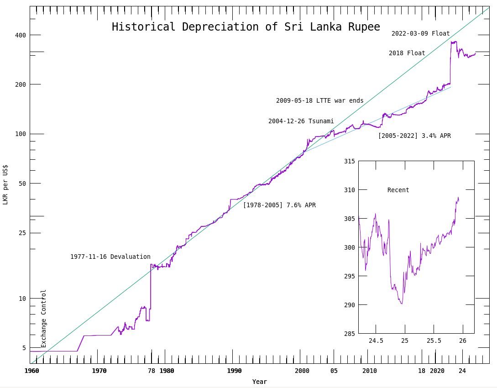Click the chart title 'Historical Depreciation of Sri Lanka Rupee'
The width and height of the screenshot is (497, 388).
[246, 27]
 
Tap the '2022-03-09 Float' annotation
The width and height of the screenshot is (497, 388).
[420, 34]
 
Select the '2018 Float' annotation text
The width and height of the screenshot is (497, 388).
[407, 53]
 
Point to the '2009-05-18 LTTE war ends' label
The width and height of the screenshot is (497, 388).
[319, 101]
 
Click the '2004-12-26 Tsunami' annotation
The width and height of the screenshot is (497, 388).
[301, 121]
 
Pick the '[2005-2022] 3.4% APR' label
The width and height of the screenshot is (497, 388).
[414, 136]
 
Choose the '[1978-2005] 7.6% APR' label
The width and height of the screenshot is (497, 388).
[279, 205]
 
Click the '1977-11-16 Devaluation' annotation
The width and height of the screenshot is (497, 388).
[110, 257]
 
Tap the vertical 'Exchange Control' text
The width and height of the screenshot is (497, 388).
[44, 318]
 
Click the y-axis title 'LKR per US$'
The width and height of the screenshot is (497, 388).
[5, 184]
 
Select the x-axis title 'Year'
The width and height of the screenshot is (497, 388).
[259, 382]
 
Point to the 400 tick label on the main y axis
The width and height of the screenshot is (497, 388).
[21, 35]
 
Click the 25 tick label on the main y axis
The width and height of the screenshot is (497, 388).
[22, 233]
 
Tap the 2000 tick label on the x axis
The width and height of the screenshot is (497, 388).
[302, 371]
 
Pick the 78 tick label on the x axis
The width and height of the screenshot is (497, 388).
[152, 371]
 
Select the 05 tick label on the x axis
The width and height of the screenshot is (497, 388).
[334, 371]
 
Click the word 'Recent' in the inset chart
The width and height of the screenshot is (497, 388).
[398, 190]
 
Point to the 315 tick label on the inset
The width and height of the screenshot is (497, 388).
[349, 161]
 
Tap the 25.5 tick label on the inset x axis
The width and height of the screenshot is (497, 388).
[434, 341]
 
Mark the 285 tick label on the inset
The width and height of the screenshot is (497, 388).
[349, 334]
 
